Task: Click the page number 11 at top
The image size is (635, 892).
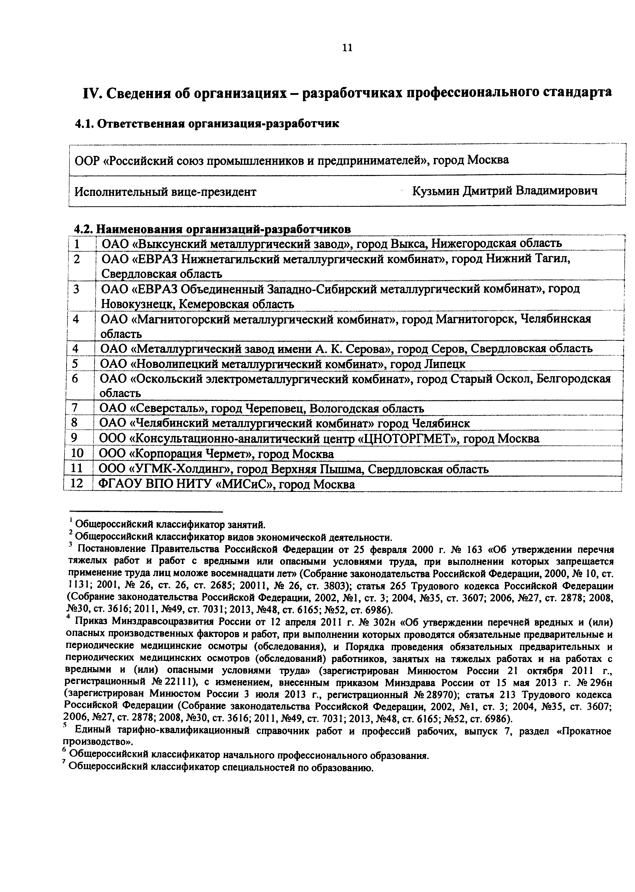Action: point(347,48)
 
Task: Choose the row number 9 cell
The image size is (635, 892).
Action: point(77,438)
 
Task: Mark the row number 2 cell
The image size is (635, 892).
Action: point(77,259)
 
